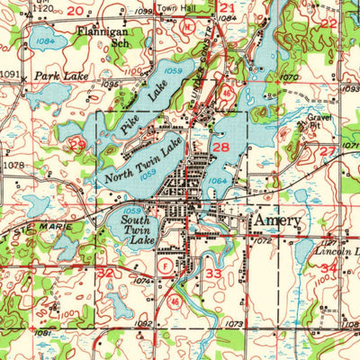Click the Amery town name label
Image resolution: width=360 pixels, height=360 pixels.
[x=277, y=221]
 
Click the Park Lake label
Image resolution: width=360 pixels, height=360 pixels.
[x=61, y=77]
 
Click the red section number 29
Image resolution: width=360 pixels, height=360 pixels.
[x=78, y=144]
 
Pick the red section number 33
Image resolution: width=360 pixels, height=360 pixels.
[x=212, y=274]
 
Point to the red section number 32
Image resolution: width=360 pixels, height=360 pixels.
[x=105, y=271]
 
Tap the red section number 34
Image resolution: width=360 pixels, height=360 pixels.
[x=328, y=268]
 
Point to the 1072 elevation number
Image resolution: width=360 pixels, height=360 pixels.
[x=262, y=242]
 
